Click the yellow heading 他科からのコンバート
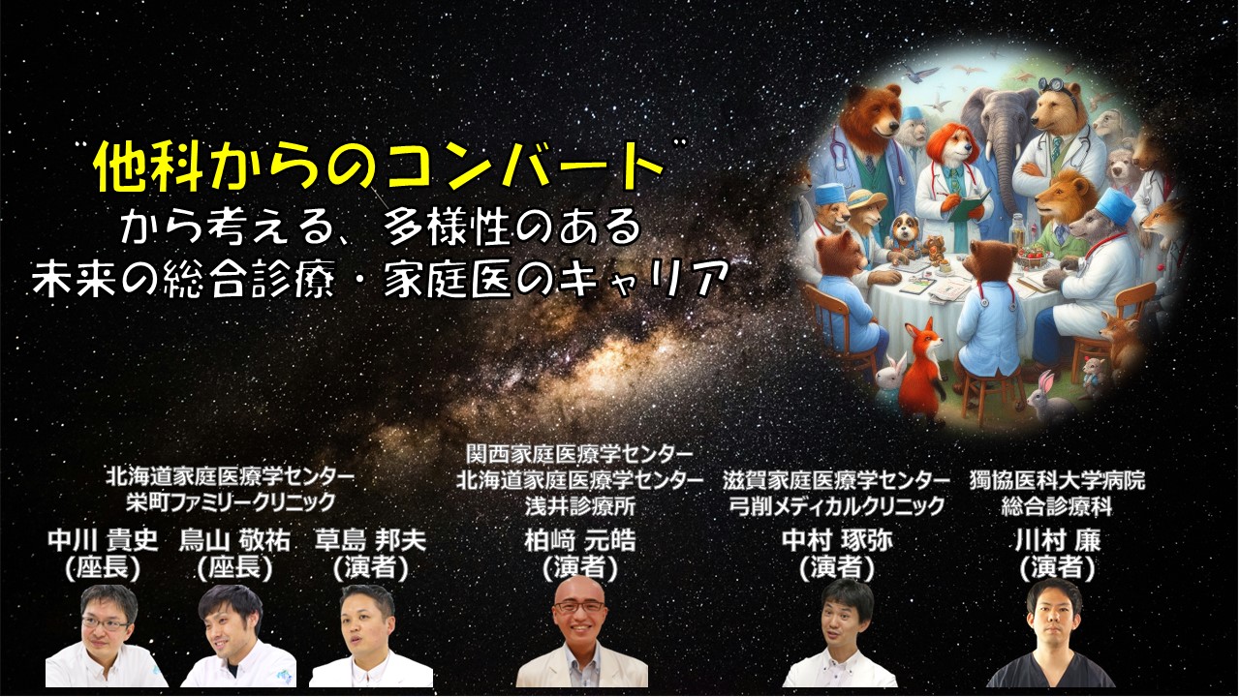(x=380, y=165)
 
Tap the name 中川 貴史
(x=103, y=540)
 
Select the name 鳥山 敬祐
(x=234, y=540)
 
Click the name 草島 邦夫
(x=370, y=540)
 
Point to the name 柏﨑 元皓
(x=580, y=540)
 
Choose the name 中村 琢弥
(x=837, y=540)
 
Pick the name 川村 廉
(x=1058, y=540)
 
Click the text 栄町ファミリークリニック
(x=231, y=502)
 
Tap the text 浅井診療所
(x=580, y=506)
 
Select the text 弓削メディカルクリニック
(x=836, y=506)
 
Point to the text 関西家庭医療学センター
(x=579, y=455)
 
